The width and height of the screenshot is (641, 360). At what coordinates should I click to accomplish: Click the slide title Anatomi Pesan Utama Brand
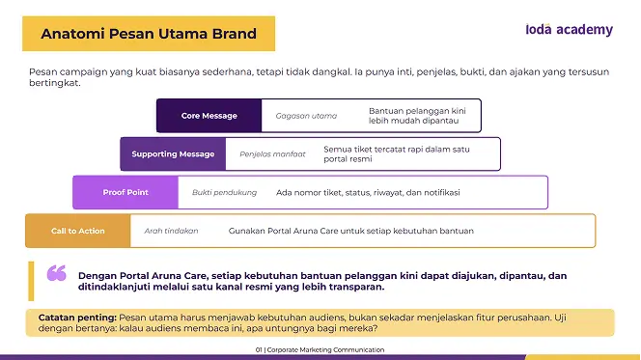point(149,34)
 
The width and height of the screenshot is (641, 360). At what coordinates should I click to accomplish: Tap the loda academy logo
point(569,29)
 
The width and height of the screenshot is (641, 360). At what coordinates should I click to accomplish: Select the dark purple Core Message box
point(209,116)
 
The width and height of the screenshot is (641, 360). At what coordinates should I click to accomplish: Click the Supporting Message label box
point(173,154)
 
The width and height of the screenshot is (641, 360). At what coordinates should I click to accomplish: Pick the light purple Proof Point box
point(125,192)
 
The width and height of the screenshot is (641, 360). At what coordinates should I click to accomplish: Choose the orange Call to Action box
point(77,231)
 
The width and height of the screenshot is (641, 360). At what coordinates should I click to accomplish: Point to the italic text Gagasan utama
point(306,116)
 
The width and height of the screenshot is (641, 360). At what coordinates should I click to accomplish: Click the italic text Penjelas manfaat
point(272,154)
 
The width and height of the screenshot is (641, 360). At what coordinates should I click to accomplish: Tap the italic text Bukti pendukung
point(224,192)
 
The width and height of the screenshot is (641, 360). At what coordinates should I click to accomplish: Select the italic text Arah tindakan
point(171,231)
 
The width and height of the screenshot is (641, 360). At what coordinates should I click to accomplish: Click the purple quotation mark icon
point(56,273)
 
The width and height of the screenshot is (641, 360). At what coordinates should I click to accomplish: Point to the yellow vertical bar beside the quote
point(31,281)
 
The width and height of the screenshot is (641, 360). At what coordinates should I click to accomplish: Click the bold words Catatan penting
point(77,318)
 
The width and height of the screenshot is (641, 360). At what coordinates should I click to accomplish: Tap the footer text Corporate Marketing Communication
point(325,349)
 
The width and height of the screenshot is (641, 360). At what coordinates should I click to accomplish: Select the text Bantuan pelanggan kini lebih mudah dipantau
point(417,116)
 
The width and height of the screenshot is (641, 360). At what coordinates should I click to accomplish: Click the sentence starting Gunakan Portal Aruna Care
point(351,231)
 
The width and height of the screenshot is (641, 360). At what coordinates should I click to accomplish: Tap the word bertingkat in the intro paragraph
point(54,83)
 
